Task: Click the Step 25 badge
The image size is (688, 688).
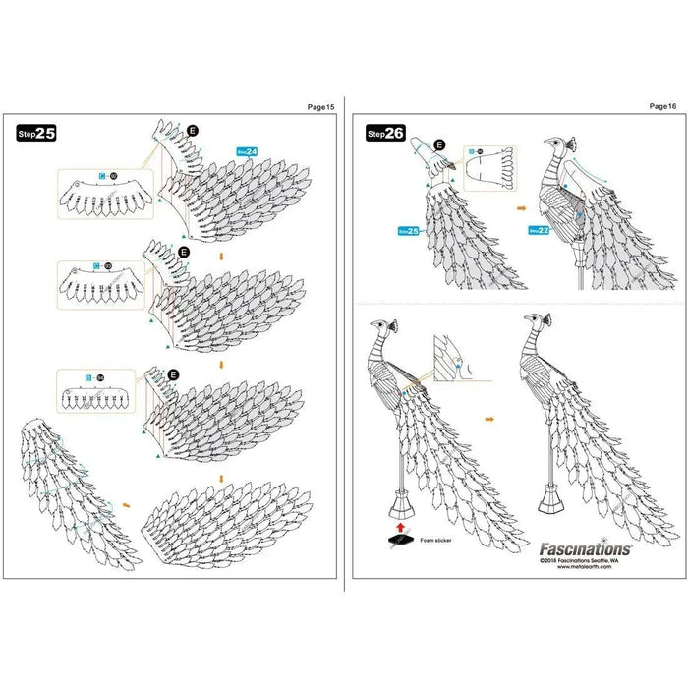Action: click(36, 134)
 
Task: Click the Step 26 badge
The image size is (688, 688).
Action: click(385, 133)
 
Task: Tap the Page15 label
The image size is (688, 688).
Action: click(321, 105)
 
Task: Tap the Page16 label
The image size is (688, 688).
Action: click(663, 105)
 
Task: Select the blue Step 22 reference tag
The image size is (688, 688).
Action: click(539, 230)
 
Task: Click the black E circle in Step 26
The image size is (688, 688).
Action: click(439, 144)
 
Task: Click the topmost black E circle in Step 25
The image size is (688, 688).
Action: click(193, 130)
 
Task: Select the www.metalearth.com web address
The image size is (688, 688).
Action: click(600, 567)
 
